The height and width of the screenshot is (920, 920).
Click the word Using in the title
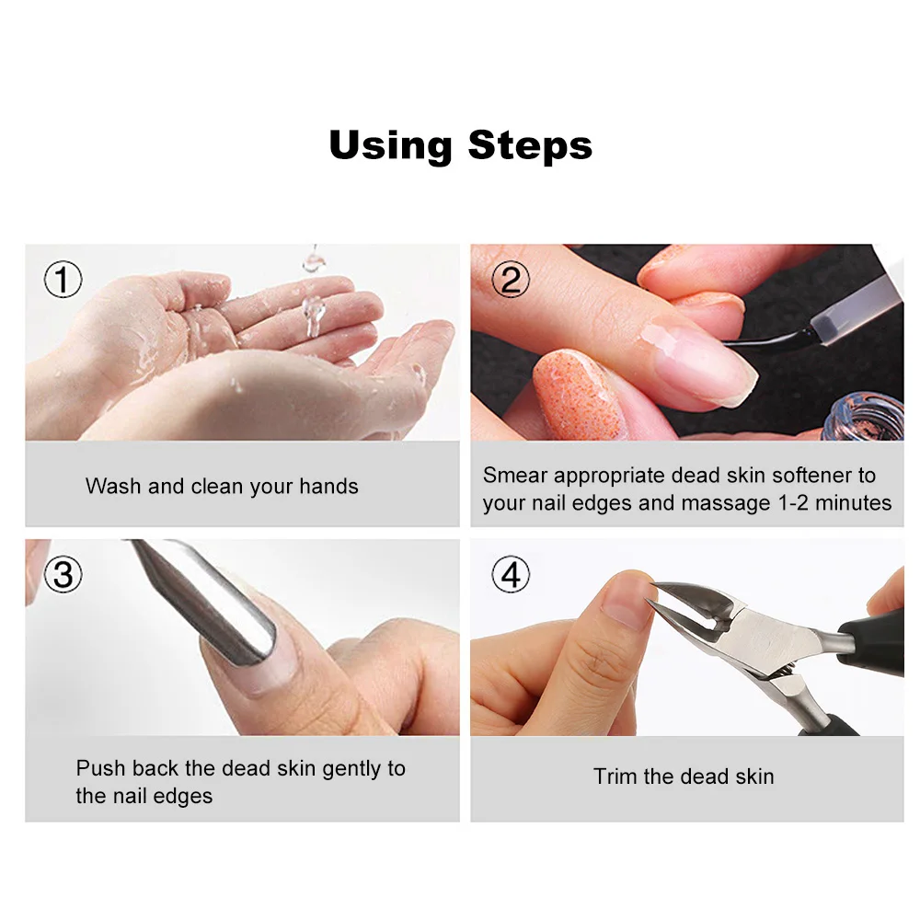pyautogui.click(x=390, y=146)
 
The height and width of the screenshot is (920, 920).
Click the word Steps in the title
pyautogui.click(x=531, y=146)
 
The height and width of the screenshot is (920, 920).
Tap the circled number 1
pyautogui.click(x=63, y=279)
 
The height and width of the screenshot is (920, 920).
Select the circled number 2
pyautogui.click(x=510, y=279)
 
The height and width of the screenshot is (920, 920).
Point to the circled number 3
pyautogui.click(x=63, y=574)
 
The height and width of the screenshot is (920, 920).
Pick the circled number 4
pyautogui.click(x=510, y=574)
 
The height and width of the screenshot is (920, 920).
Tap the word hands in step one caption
pyautogui.click(x=328, y=487)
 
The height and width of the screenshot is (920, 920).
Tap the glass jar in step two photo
pyautogui.click(x=864, y=418)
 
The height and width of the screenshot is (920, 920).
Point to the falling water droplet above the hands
pyautogui.click(x=314, y=316)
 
